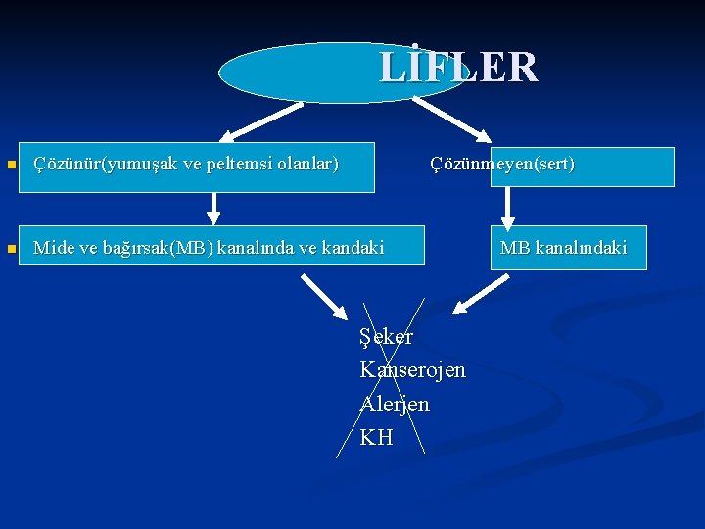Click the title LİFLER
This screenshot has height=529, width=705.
point(458,68)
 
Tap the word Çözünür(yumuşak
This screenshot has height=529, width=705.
point(93,164)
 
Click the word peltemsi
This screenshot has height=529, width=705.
point(214,164)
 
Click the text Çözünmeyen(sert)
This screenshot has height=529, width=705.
point(502,164)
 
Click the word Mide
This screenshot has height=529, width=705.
point(52,248)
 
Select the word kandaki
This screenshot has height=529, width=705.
point(352,248)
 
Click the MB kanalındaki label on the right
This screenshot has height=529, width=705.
point(563,248)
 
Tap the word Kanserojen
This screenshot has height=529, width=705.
point(412,370)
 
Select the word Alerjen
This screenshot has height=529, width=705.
point(395,404)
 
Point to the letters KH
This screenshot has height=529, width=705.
point(376,437)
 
